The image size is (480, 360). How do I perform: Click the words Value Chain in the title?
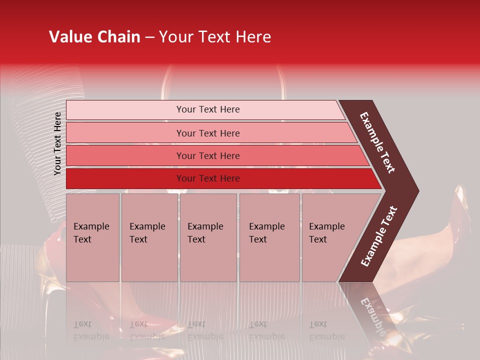94,37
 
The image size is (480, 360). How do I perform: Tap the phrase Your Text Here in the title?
215,37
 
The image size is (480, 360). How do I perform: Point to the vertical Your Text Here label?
57,143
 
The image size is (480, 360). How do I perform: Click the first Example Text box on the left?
92,237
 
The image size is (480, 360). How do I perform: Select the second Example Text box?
149,237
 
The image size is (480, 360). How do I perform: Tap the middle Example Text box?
208,237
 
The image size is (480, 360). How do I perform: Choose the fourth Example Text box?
269,237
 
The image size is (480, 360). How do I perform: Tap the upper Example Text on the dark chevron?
377,142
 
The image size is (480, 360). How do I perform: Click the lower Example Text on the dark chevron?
379,236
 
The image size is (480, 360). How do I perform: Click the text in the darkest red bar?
208,178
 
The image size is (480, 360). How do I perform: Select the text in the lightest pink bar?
208,109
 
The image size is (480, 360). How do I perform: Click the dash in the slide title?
149,37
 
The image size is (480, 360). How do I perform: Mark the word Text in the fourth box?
258,239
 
